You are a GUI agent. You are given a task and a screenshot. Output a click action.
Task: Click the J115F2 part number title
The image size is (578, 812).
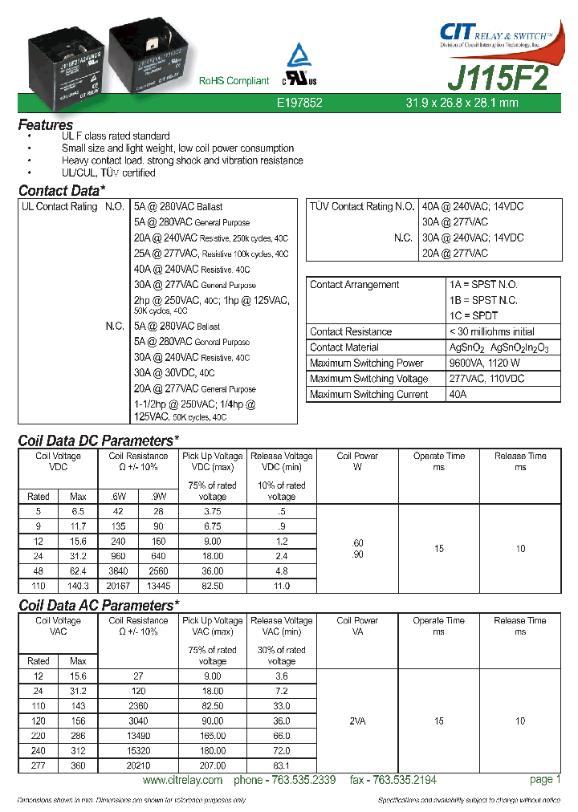click(x=498, y=78)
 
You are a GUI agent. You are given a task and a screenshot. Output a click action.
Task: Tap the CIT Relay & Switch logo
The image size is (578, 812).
click(x=495, y=35)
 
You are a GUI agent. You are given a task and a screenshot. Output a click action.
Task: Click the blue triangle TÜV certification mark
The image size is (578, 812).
click(x=299, y=55)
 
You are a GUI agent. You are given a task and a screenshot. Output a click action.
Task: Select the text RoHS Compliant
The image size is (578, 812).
click(x=234, y=81)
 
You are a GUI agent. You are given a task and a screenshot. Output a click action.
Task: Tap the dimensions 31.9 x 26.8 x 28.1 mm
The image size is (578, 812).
click(x=461, y=103)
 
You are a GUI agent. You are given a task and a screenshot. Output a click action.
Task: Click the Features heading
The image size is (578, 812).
click(x=46, y=125)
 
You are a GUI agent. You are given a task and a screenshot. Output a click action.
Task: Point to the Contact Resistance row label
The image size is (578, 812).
click(x=351, y=331)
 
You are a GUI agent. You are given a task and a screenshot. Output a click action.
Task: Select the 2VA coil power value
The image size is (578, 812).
click(x=357, y=721)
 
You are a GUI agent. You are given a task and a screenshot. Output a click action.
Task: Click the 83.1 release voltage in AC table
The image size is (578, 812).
click(x=282, y=766)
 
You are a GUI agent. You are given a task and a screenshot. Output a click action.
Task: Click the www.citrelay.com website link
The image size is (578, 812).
click(x=181, y=781)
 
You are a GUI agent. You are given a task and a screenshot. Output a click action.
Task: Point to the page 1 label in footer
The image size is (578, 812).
click(x=545, y=780)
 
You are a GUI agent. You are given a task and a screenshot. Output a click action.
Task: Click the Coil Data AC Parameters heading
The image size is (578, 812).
click(x=99, y=605)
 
